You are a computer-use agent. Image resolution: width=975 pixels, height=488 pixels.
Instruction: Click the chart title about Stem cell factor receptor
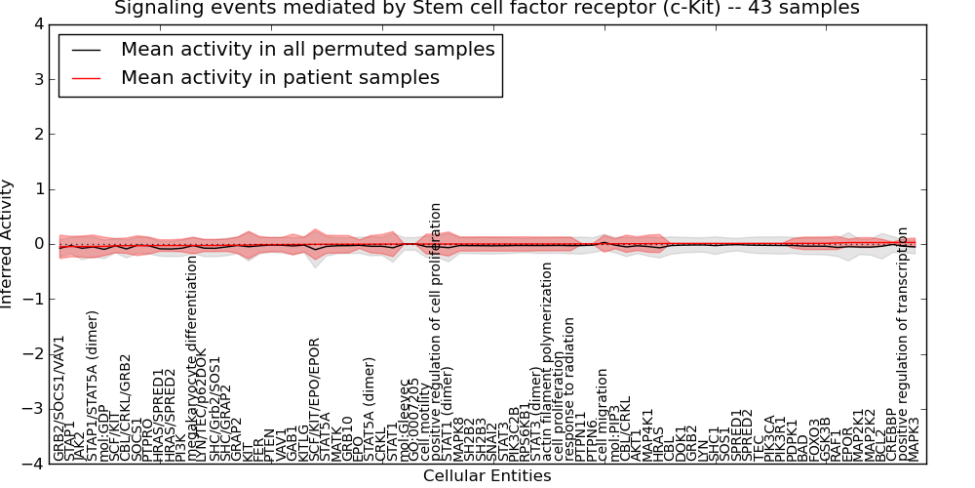click(487, 9)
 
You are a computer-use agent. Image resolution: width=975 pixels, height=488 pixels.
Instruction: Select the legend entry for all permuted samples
click(307, 49)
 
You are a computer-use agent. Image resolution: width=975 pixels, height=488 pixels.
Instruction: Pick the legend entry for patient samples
click(280, 77)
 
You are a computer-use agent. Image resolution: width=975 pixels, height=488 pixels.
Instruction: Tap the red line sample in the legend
click(86, 78)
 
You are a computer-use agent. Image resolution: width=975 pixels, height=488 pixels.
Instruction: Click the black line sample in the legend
click(86, 50)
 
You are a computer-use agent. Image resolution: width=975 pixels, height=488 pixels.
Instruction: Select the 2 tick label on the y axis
click(37, 134)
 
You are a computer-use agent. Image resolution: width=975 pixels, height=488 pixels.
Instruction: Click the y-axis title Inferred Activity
click(9, 244)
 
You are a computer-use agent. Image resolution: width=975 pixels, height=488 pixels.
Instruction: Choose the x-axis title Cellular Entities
click(487, 476)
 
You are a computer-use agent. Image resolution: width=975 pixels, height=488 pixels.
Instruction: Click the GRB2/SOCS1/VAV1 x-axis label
click(59, 398)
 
